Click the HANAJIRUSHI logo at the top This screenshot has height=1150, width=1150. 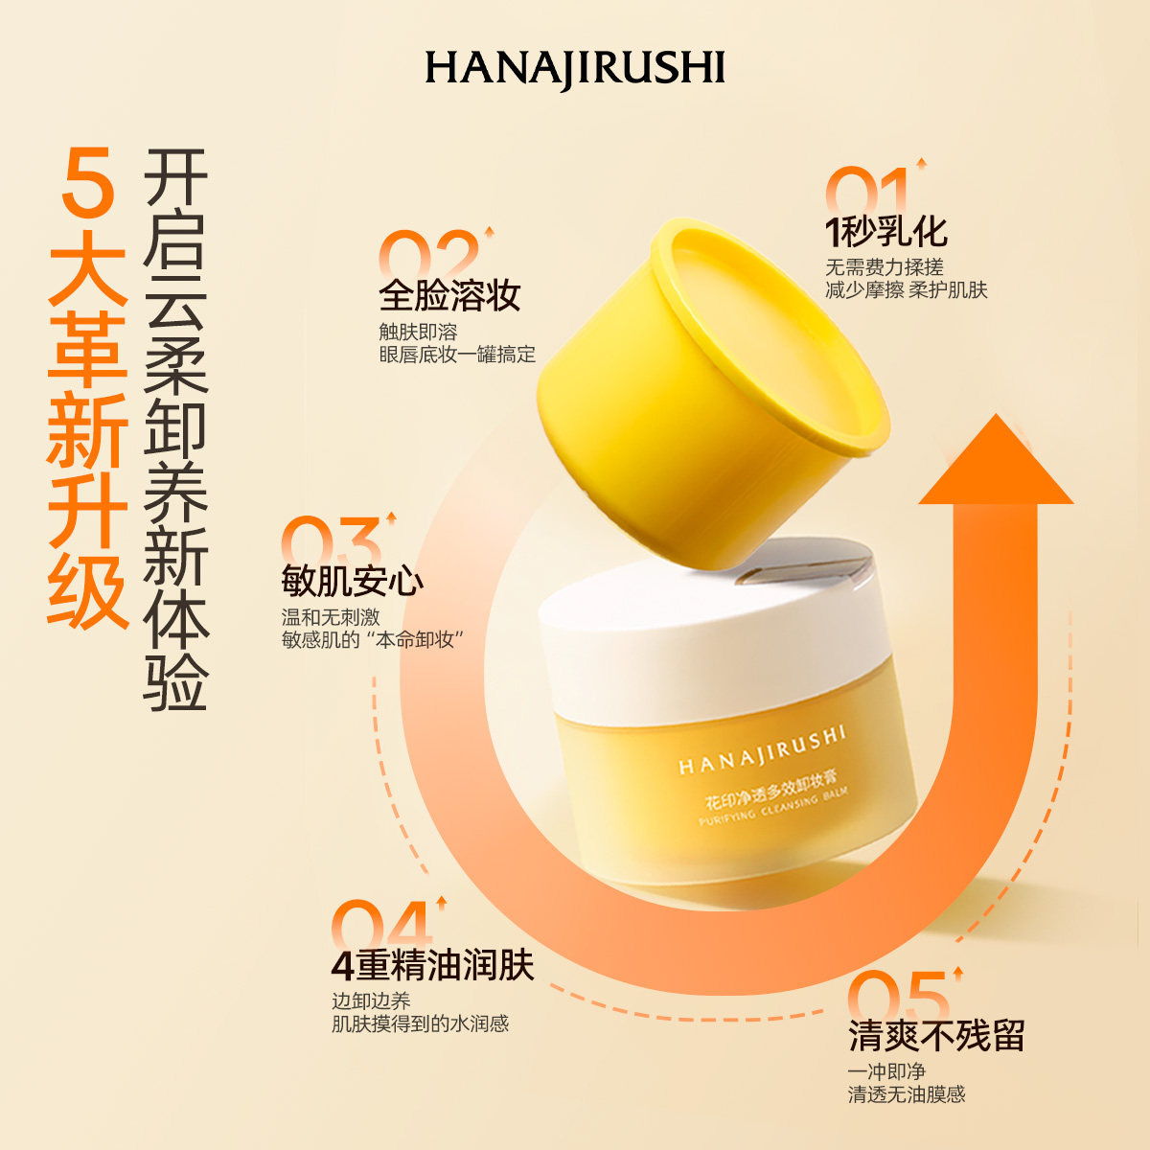pyautogui.click(x=575, y=69)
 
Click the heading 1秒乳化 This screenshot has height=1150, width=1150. pyautogui.click(x=886, y=232)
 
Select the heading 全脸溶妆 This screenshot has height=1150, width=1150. pyautogui.click(x=449, y=294)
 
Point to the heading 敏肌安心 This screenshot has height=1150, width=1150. pyautogui.click(x=353, y=582)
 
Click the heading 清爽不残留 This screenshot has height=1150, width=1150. pyautogui.click(x=936, y=1036)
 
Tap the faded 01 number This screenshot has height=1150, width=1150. pyautogui.click(x=867, y=192)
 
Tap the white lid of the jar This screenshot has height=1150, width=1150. pyautogui.click(x=709, y=623)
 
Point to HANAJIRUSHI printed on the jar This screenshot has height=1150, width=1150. pyautogui.click(x=763, y=750)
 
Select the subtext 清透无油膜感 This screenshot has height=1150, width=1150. pyautogui.click(x=906, y=1094)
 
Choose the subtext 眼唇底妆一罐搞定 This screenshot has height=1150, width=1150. pyautogui.click(x=457, y=355)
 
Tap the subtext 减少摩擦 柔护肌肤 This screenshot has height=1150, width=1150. pyautogui.click(x=906, y=290)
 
